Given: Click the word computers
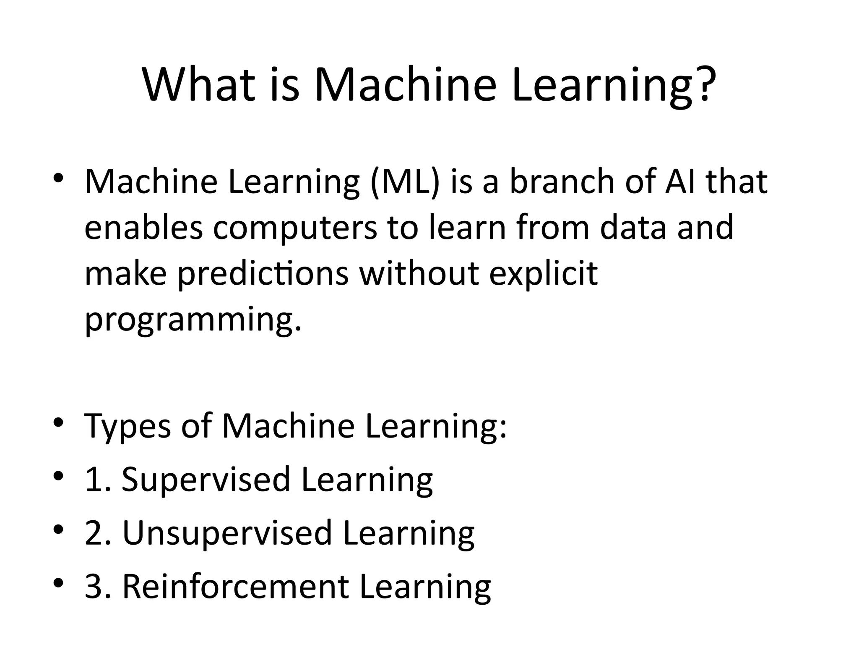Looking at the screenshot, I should tap(295, 228).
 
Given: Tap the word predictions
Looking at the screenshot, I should tap(263, 274).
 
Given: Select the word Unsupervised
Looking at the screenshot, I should tap(227, 533).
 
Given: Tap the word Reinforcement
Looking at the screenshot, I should tap(235, 586).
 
